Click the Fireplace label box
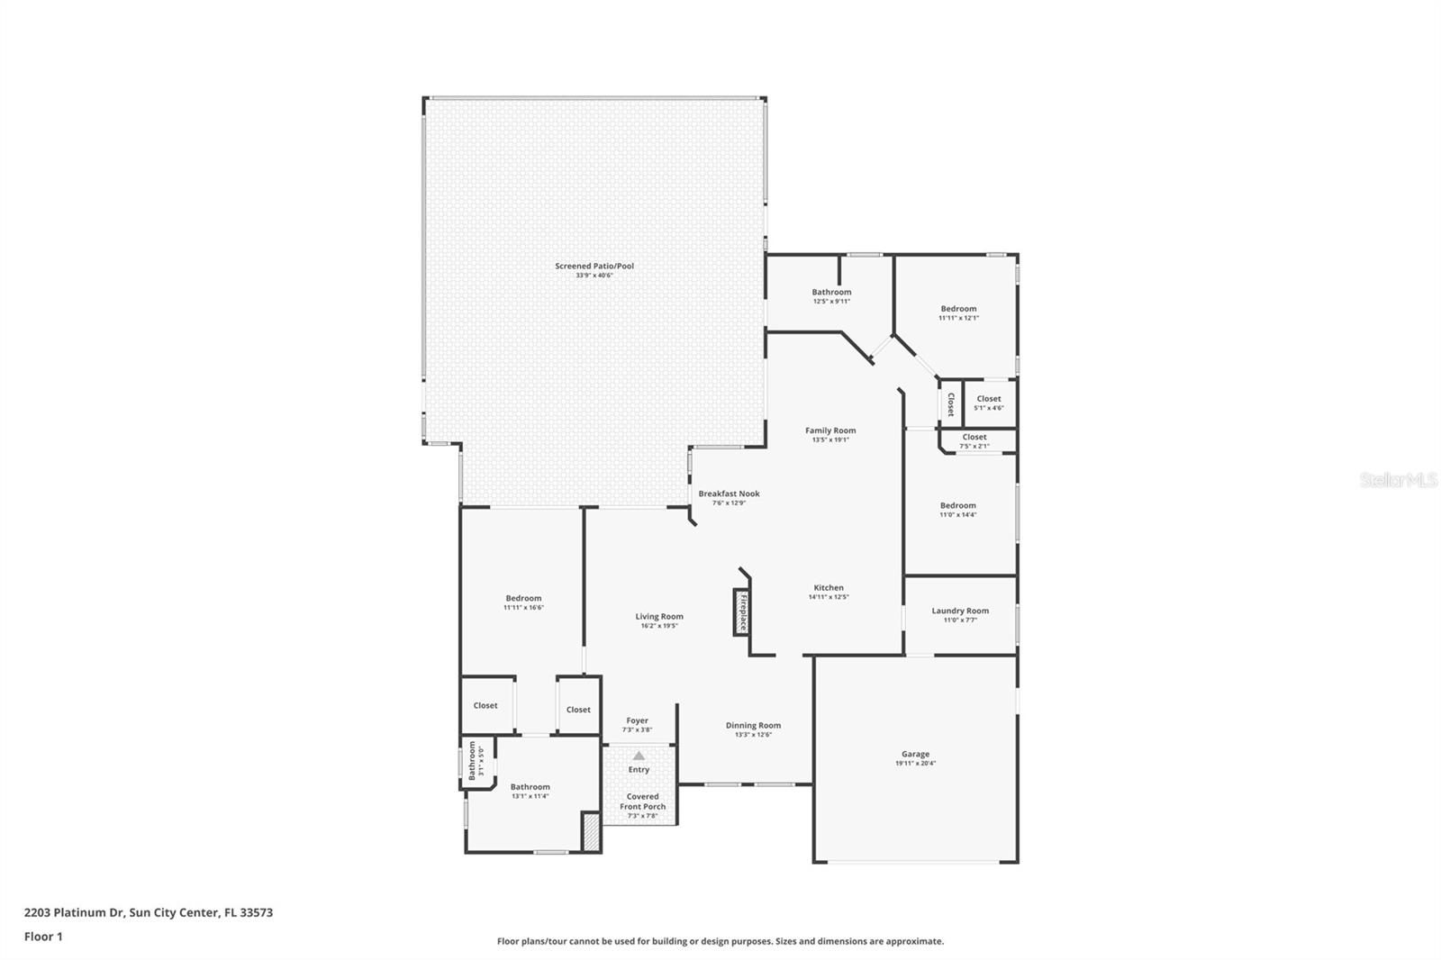click(741, 612)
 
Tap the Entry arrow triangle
click(639, 756)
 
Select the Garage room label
click(915, 755)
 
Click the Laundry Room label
click(960, 611)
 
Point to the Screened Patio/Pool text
click(594, 267)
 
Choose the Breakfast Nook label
click(729, 494)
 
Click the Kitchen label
click(829, 588)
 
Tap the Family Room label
click(830, 430)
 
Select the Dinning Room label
click(753, 726)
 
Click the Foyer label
click(637, 720)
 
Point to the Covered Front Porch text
click(642, 802)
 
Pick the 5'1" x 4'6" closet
click(989, 403)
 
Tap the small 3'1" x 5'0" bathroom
click(476, 762)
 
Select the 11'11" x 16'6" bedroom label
click(523, 599)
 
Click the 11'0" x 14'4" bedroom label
click(958, 506)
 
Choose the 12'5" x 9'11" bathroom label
click(831, 293)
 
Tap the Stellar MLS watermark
click(1398, 480)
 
